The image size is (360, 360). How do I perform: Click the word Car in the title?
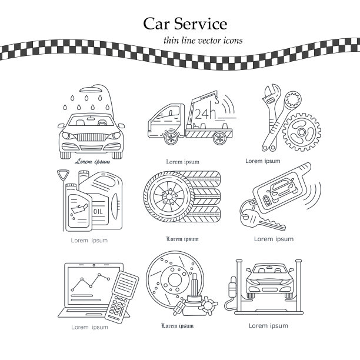point(157,24)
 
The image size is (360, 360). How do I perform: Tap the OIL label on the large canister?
point(97,210)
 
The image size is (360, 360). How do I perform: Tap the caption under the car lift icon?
point(268,325)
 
